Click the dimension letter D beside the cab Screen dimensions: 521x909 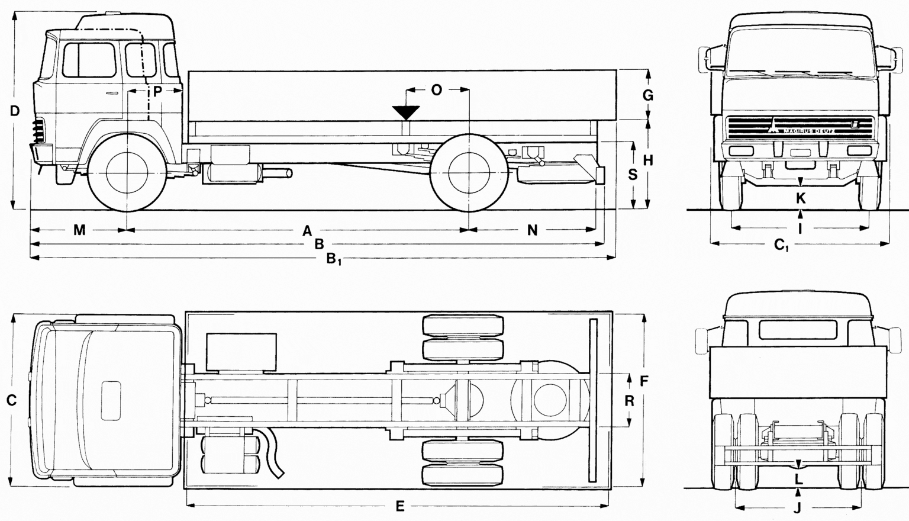point(15,111)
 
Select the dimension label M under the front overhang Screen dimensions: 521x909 point(79,230)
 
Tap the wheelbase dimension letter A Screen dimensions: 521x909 point(307,230)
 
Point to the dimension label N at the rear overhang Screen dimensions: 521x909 point(532,230)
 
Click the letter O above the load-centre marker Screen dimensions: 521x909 point(436,90)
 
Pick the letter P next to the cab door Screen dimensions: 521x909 point(157,91)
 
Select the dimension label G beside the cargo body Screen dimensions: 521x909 point(648,95)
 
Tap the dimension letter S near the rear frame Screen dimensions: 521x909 point(633,175)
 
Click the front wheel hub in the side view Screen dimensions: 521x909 point(127,172)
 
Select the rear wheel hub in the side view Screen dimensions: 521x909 point(469,172)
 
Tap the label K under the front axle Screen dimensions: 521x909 point(801,198)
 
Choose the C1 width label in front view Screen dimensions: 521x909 point(782,245)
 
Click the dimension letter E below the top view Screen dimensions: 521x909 point(400,506)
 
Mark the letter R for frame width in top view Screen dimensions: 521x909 point(629,401)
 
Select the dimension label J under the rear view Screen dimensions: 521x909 point(797,507)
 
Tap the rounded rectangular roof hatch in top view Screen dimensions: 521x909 point(111,400)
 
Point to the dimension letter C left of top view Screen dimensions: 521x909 point(11,401)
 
